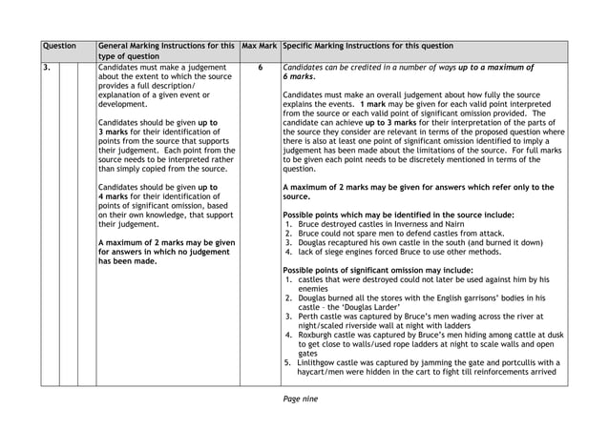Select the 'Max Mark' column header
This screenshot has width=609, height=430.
tap(259, 46)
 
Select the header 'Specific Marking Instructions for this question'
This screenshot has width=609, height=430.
tap(373, 46)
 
